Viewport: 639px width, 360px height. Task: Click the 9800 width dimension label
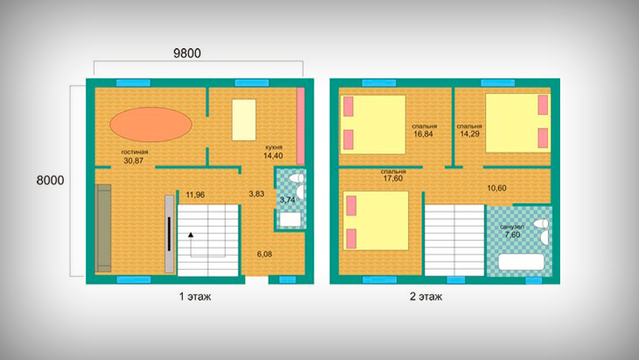click(x=187, y=53)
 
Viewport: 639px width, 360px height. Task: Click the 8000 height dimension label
click(x=50, y=180)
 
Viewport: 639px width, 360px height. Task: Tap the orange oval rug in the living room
click(x=151, y=124)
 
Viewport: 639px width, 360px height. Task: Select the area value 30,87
click(x=134, y=160)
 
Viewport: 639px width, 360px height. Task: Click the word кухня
click(x=274, y=147)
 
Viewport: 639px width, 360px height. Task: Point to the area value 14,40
click(x=273, y=156)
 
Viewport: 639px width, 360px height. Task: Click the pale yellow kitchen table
click(x=244, y=120)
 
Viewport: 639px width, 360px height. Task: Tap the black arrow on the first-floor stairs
click(x=190, y=235)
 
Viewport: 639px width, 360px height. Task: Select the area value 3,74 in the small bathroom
click(x=288, y=200)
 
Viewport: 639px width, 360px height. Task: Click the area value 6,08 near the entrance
click(x=264, y=254)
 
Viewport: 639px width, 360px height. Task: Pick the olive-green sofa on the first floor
click(x=103, y=228)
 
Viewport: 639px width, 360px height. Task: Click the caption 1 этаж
click(x=195, y=296)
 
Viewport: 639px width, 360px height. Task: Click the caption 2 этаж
click(x=426, y=296)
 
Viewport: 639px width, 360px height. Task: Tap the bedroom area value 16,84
click(x=424, y=134)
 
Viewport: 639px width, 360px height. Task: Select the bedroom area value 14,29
click(x=469, y=134)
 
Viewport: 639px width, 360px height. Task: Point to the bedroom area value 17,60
click(x=393, y=179)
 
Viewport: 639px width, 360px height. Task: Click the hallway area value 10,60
click(x=497, y=188)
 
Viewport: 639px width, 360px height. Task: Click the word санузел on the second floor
click(x=512, y=227)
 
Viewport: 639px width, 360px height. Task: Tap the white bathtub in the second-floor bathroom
click(x=522, y=262)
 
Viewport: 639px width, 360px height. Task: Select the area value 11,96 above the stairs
click(x=195, y=194)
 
